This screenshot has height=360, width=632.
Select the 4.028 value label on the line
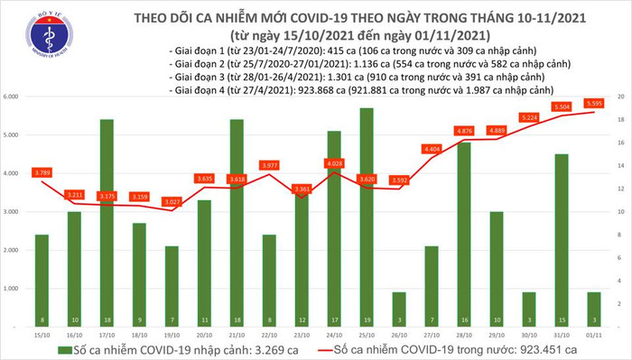point(309,162)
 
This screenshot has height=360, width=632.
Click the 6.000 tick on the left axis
point(14,96)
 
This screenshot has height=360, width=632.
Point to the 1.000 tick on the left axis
point(14,289)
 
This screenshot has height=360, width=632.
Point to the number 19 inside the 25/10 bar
point(340,319)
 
